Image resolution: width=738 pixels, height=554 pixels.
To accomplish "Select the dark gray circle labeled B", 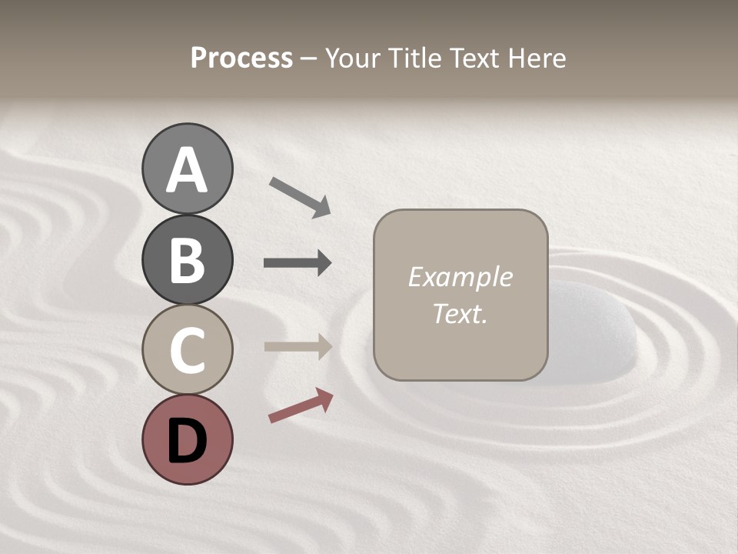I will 187,260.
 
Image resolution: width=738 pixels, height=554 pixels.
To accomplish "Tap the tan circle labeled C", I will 187,350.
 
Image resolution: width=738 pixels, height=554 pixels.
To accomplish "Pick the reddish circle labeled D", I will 187,439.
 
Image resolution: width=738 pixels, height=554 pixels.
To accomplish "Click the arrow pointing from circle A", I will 300,197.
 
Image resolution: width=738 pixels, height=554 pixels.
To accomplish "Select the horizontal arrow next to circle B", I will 298,263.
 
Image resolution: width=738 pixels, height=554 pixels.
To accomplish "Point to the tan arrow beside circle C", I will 298,347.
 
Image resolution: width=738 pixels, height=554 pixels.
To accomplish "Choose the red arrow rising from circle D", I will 301,406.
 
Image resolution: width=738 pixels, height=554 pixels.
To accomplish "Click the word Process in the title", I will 241,58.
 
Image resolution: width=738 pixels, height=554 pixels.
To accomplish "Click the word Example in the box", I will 460,278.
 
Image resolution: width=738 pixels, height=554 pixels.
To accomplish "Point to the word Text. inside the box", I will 460,314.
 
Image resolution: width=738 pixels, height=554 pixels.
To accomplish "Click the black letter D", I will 187,441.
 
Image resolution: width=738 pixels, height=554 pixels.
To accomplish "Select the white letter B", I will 187,261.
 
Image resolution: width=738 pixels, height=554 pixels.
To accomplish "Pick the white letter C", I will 187,351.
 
